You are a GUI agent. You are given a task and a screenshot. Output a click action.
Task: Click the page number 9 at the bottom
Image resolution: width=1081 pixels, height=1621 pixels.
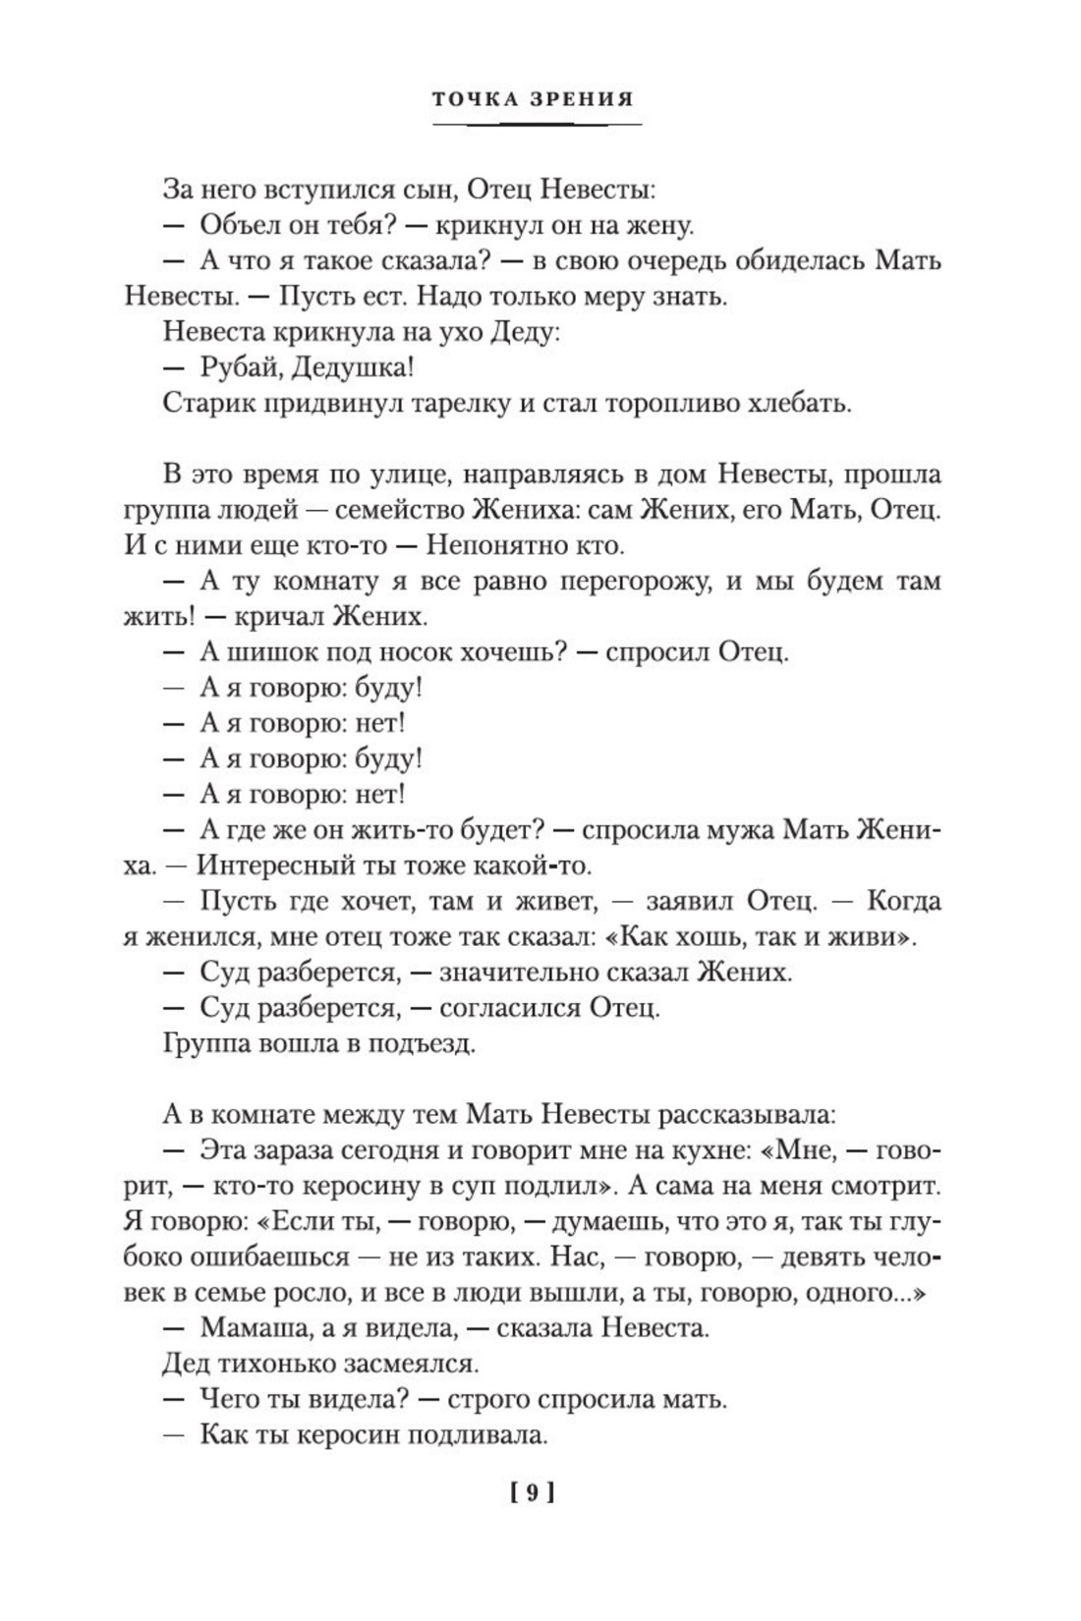click(x=533, y=1493)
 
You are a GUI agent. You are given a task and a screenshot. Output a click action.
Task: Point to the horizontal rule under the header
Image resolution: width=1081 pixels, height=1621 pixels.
click(x=538, y=125)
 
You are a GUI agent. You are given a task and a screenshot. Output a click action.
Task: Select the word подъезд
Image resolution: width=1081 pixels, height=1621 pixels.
click(x=423, y=1043)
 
